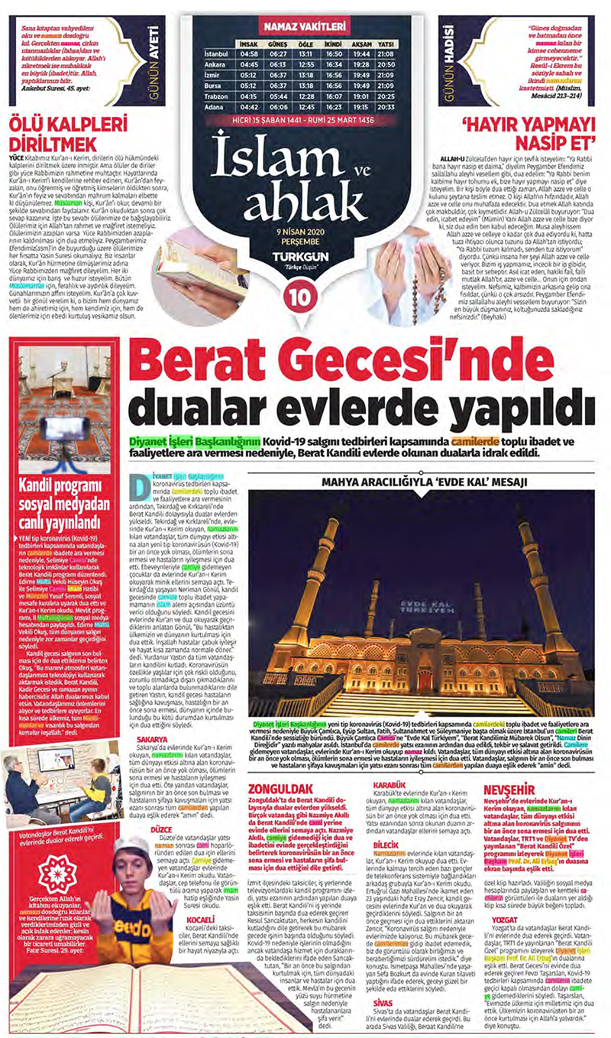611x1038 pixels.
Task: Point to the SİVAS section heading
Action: [383, 1001]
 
